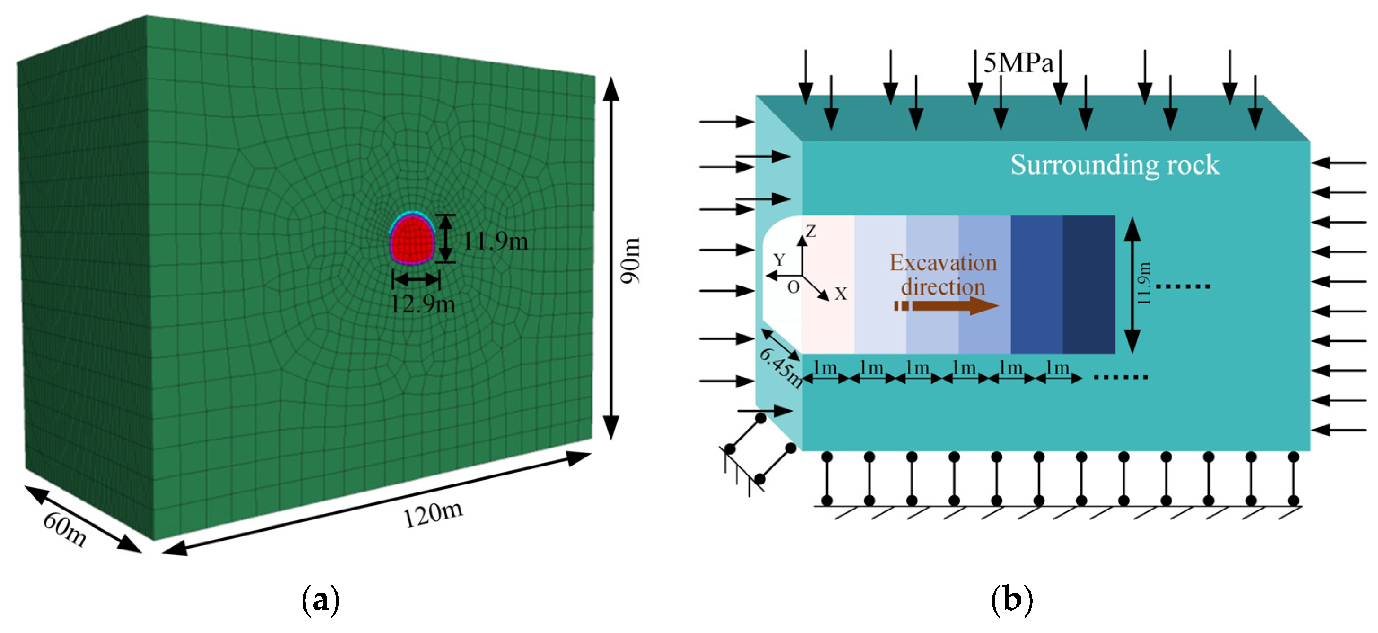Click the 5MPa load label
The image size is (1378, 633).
(x=1018, y=64)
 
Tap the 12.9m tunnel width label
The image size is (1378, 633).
(x=422, y=304)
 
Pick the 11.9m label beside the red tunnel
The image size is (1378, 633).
(x=495, y=242)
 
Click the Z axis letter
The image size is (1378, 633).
(x=812, y=232)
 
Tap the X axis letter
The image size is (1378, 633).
(x=841, y=294)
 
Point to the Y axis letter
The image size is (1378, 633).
(x=779, y=260)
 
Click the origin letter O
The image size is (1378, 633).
(x=793, y=287)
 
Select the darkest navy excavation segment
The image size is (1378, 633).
(x=1088, y=284)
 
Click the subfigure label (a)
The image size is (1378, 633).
(x=320, y=600)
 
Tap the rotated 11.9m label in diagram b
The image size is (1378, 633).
(x=1143, y=284)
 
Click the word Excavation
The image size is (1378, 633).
(x=943, y=263)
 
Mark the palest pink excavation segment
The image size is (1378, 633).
(x=828, y=284)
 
